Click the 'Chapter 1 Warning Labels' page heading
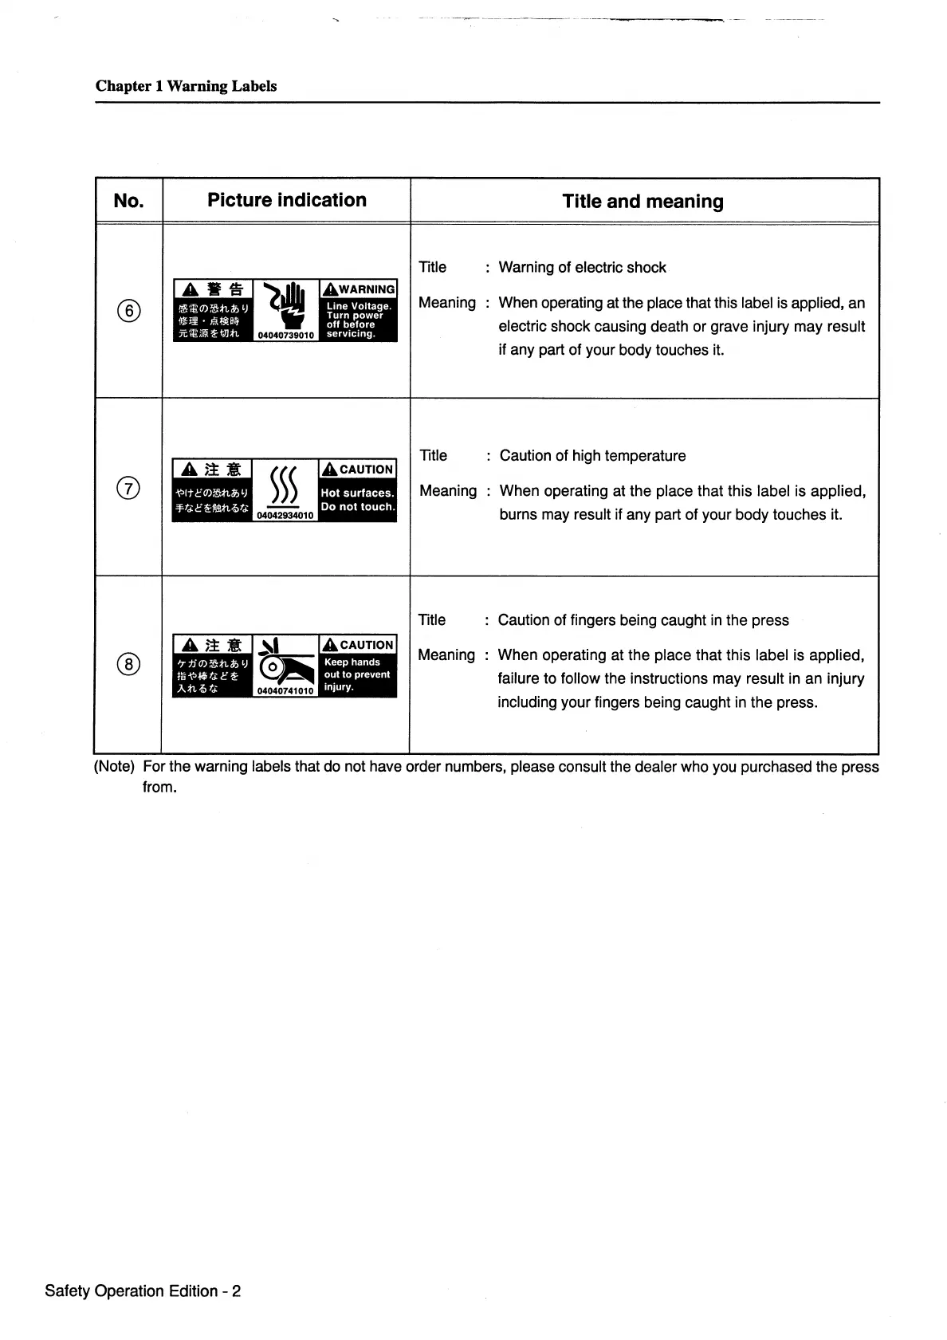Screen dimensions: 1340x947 coord(186,86)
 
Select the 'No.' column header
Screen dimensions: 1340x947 coord(128,201)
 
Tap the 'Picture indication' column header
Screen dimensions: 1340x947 coord(287,200)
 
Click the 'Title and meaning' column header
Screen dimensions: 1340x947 coord(642,202)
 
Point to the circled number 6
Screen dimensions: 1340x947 coord(129,311)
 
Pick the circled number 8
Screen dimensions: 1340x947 coord(129,664)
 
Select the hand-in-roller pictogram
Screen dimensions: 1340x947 coord(285,663)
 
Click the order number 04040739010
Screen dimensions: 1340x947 coord(285,336)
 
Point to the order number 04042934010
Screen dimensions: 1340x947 coord(285,516)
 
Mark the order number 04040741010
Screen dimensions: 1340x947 coord(285,691)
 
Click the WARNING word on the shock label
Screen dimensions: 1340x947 coord(366,289)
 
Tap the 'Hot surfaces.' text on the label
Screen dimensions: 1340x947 coord(357,493)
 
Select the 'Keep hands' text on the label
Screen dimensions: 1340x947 coord(352,662)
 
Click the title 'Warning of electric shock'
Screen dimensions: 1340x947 coord(582,268)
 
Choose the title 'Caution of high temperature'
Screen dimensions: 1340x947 coord(592,456)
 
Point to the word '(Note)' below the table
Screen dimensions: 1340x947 coord(115,767)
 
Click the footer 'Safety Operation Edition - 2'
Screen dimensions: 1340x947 coord(143,1291)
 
